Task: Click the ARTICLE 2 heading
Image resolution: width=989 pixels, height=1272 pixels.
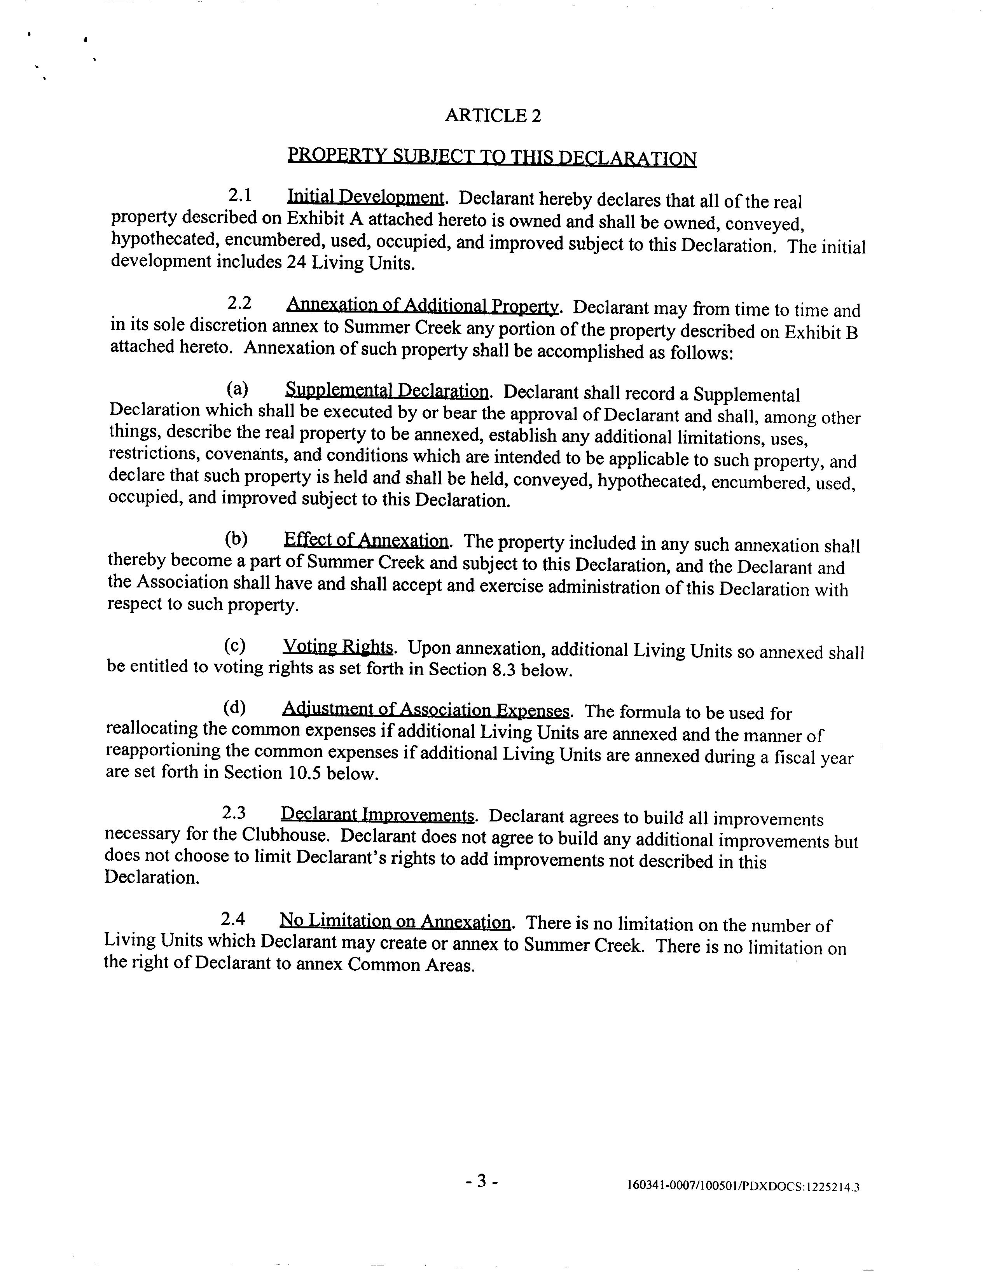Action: click(x=493, y=115)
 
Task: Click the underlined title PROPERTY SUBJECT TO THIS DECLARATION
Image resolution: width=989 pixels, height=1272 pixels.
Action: click(x=492, y=157)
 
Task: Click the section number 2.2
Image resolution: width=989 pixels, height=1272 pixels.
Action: click(x=239, y=303)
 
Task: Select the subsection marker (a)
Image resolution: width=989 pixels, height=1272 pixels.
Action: click(x=237, y=388)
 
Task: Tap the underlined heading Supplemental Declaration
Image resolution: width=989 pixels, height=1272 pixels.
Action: click(x=387, y=391)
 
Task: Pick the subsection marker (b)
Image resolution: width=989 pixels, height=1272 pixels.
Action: click(x=236, y=539)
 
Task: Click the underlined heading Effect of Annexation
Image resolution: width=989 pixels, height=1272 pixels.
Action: click(x=366, y=540)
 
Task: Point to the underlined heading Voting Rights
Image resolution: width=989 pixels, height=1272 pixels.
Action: click(x=338, y=646)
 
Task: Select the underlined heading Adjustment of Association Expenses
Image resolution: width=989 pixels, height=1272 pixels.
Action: click(x=426, y=709)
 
